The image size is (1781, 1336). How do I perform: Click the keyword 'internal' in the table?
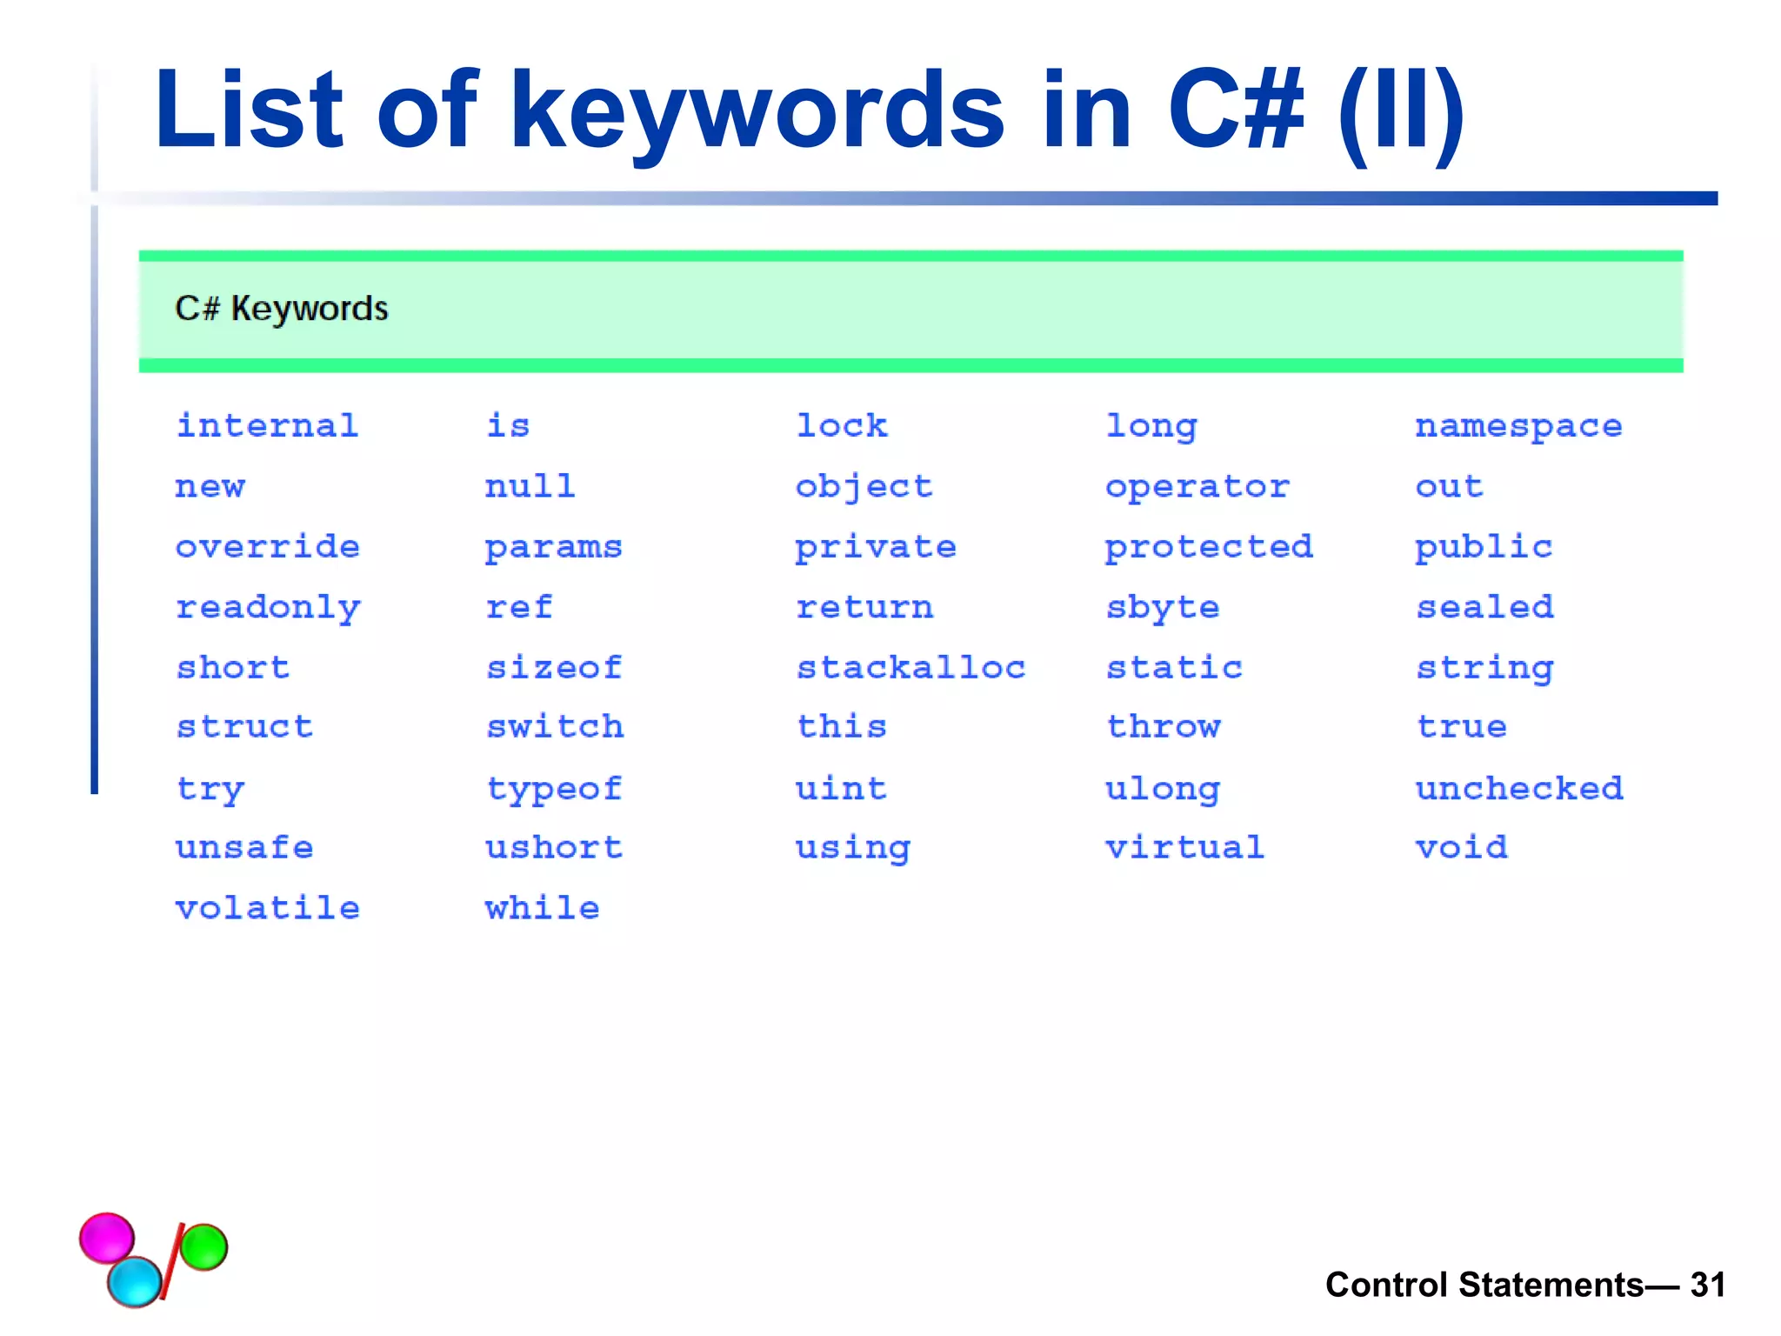(x=267, y=426)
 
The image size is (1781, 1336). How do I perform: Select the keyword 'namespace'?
(x=1518, y=426)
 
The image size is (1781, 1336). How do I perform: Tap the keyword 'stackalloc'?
(x=911, y=668)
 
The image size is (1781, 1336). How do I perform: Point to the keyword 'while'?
(x=542, y=908)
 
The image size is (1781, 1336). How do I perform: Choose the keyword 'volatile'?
(x=267, y=908)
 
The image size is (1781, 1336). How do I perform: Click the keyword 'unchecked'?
(x=1518, y=789)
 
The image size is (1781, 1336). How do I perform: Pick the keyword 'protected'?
(x=1209, y=547)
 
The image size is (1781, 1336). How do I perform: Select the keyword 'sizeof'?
(x=554, y=668)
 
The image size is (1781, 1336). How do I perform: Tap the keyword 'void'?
(x=1461, y=847)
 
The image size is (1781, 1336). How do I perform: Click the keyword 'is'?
(x=508, y=426)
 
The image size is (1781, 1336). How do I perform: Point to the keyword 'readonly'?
(x=268, y=608)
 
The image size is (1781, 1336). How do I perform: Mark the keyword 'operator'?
(x=1197, y=487)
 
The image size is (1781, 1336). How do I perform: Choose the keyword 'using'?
(x=853, y=848)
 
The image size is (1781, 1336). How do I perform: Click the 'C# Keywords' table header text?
(x=282, y=309)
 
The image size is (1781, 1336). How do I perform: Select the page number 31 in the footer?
(x=1707, y=1285)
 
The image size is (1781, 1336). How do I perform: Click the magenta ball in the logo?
(x=107, y=1237)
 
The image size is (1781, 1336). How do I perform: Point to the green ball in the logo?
(x=204, y=1246)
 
